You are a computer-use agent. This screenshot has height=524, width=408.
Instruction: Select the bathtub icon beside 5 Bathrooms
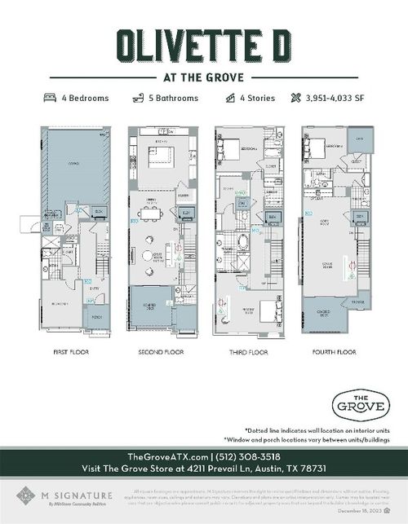click(138, 98)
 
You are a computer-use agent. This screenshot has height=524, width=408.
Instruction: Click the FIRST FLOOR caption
click(72, 352)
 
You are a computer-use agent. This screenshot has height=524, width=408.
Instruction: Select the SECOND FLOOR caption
click(161, 352)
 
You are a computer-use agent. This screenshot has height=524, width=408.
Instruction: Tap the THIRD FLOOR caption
click(247, 352)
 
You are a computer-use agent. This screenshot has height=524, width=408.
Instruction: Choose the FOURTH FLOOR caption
click(334, 352)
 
